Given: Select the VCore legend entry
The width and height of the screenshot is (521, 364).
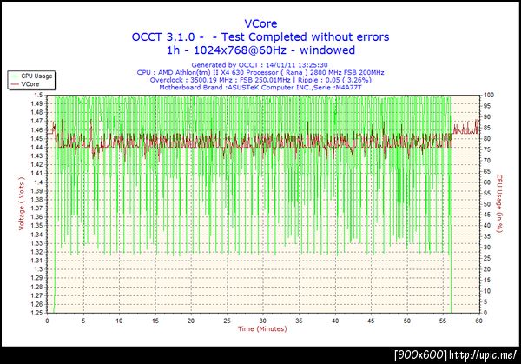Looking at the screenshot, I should pyautogui.click(x=30, y=83).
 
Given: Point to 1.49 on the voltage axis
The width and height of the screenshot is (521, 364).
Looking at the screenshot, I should pyautogui.click(x=36, y=103).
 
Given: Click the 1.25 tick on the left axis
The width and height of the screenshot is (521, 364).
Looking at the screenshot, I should pyautogui.click(x=36, y=312).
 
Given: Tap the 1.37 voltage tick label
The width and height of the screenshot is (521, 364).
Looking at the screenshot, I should pyautogui.click(x=36, y=208).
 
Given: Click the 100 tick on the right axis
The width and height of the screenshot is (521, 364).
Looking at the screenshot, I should pyautogui.click(x=490, y=95).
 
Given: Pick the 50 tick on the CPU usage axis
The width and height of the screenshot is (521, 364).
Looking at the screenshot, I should pyautogui.click(x=488, y=203).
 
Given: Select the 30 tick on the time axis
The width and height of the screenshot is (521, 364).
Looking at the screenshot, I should pyautogui.click(x=262, y=320).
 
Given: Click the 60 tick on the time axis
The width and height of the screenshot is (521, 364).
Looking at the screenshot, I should pyautogui.click(x=478, y=320).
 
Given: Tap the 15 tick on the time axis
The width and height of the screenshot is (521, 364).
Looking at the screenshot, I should pyautogui.click(x=155, y=320).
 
